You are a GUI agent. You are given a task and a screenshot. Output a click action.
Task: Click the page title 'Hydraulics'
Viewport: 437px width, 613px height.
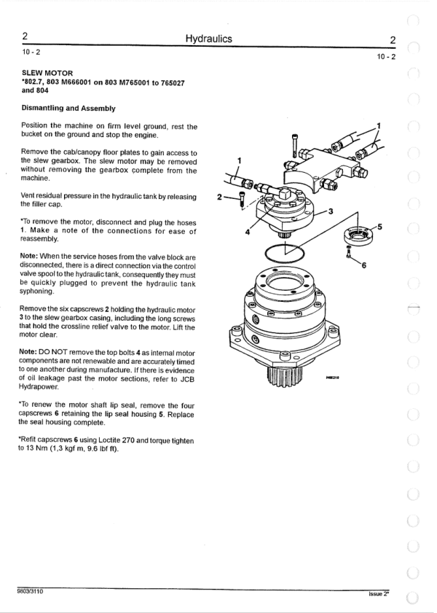tap(209, 39)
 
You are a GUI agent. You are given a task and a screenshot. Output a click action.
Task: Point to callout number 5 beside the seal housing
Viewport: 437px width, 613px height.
tap(379, 227)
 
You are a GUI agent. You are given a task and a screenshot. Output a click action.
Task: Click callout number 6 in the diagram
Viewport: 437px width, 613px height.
tap(364, 265)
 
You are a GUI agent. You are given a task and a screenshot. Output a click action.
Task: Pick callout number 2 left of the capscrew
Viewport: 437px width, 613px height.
tap(220, 197)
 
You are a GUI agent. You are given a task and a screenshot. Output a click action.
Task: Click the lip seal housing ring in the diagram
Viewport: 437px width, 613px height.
tap(356, 235)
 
